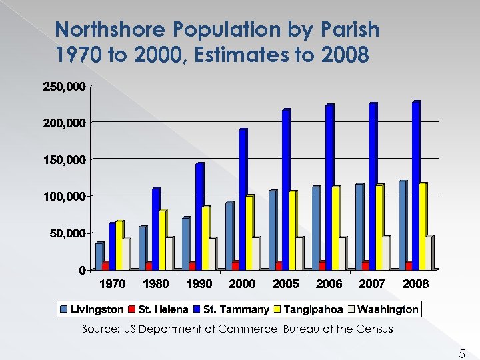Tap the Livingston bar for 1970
tap(99, 257)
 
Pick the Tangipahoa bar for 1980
tap(162, 241)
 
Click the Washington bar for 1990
tap(213, 254)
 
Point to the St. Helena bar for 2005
tap(279, 265)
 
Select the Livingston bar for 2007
tap(359, 227)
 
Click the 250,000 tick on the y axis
tap(64, 87)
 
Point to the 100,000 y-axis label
tap(64, 197)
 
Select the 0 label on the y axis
tap(82, 270)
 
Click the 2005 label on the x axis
tap(286, 284)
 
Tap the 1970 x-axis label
tap(112, 284)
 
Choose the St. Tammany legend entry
tap(235, 309)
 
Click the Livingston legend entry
tap(97, 309)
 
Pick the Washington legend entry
tap(391, 309)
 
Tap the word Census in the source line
tap(374, 329)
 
